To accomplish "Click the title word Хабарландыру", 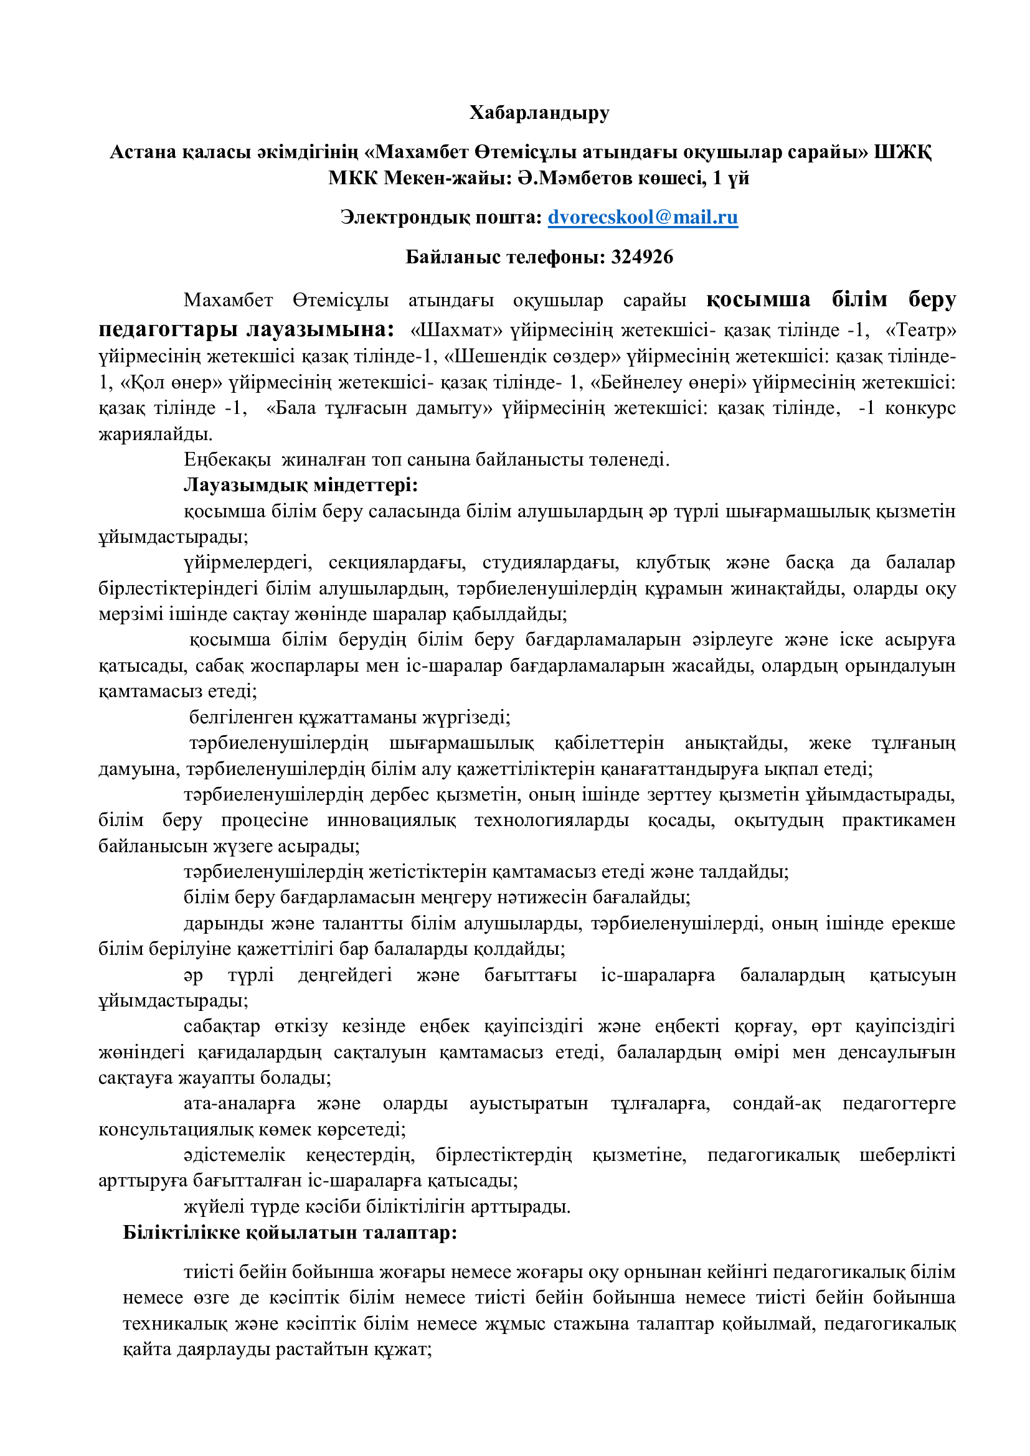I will point(539,113).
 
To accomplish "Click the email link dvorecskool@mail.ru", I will point(643,217).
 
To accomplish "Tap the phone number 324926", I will point(642,257).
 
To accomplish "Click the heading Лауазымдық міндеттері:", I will point(301,485).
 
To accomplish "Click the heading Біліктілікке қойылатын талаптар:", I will point(290,1232).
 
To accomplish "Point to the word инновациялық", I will point(391,820).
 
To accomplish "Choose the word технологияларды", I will point(551,820).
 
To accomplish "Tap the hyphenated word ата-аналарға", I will point(239,1104).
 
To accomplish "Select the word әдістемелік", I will point(234,1155).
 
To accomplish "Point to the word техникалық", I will point(174,1323).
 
